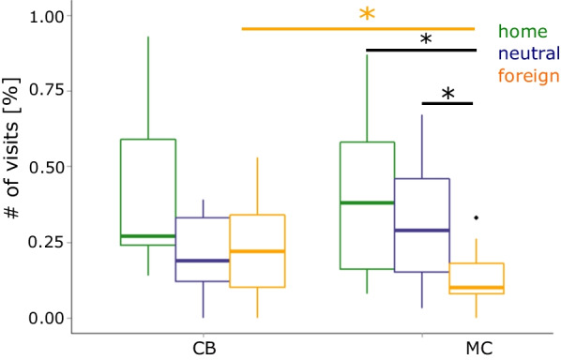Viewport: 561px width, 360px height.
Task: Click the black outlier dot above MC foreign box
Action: tap(477, 217)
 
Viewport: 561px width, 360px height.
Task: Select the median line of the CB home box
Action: tap(148, 236)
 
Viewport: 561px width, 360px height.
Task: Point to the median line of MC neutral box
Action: tap(422, 230)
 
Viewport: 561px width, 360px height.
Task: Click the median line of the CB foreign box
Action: tap(257, 251)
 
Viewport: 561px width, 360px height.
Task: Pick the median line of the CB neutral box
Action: tap(203, 261)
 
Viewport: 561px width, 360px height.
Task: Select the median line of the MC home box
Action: tap(367, 202)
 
